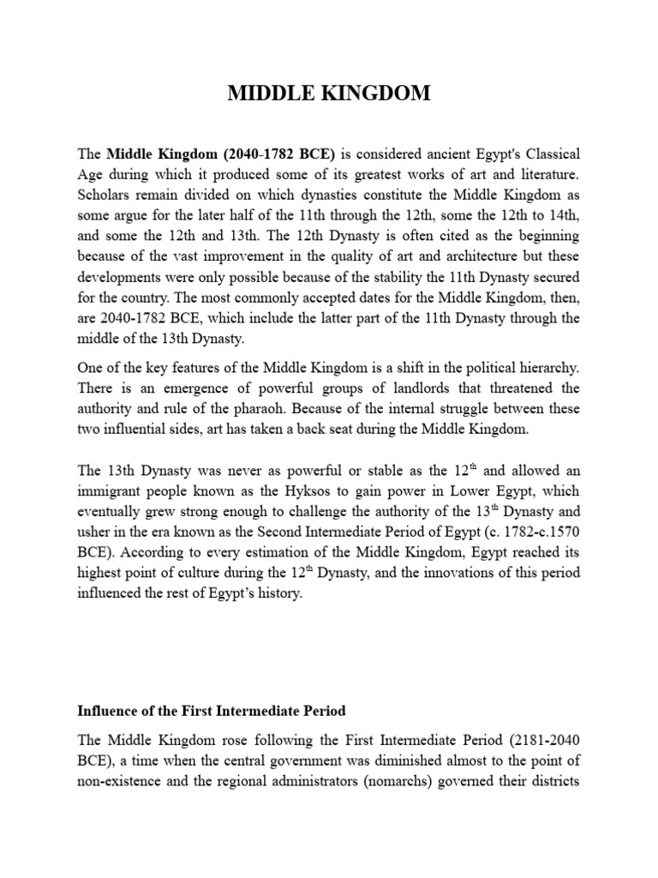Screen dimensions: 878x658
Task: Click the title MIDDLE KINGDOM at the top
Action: (329, 93)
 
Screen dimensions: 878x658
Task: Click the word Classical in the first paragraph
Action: (551, 154)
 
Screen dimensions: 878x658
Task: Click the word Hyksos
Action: (263, 491)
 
